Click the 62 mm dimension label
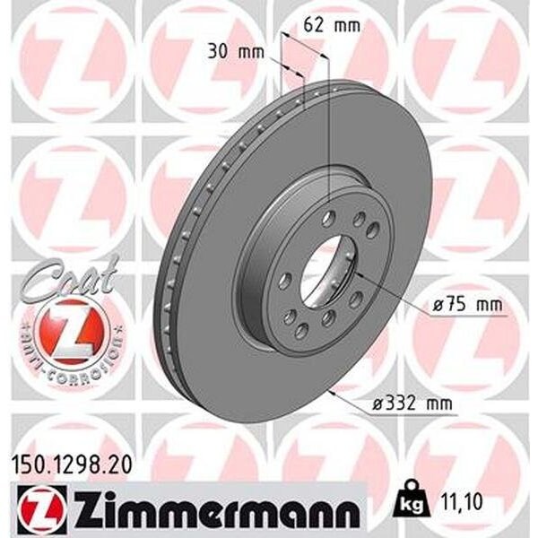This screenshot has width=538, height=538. coord(332,25)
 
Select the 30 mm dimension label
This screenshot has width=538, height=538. coord(237,53)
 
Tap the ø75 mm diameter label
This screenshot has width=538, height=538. coord(467,305)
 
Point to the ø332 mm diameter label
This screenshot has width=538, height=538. coord(412,403)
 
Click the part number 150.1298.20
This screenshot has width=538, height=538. coord(72,465)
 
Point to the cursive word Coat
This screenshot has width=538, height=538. coord(70,278)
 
